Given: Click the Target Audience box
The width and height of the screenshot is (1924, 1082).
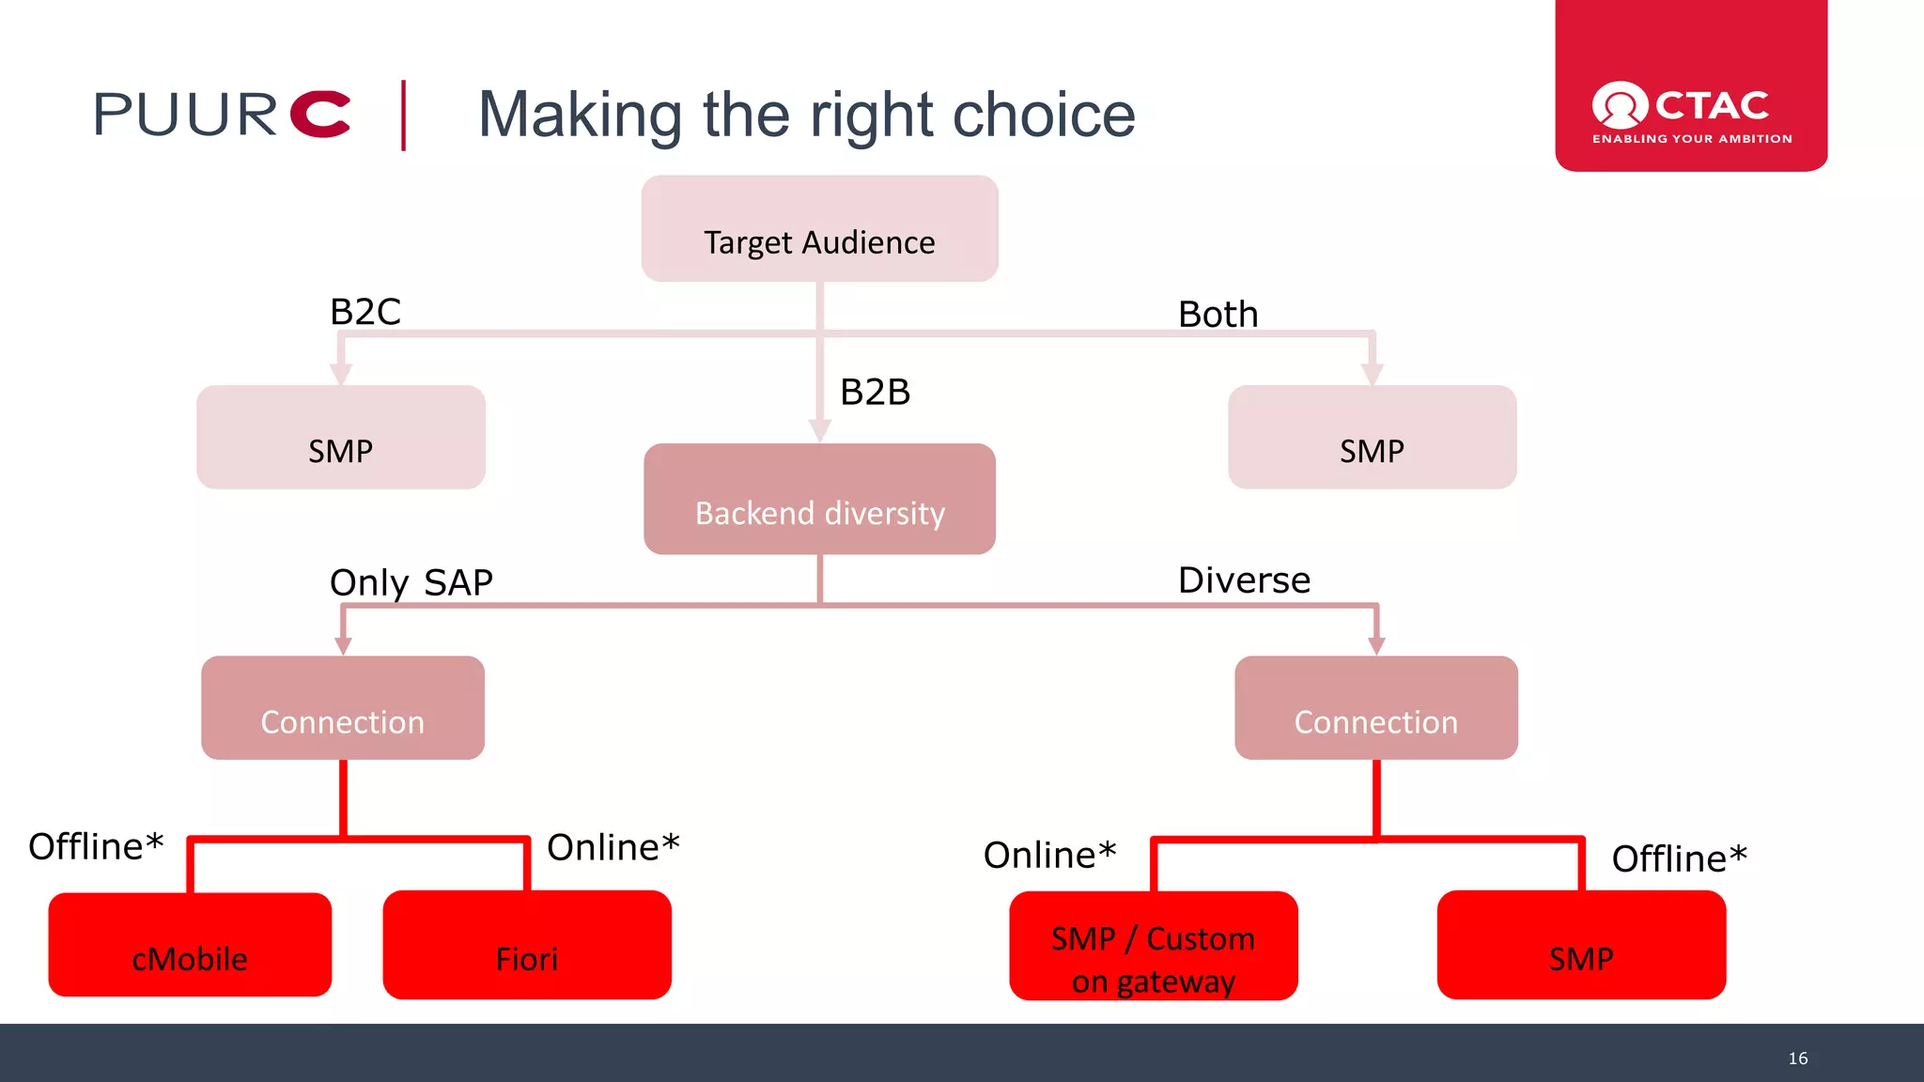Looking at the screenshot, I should tap(819, 229).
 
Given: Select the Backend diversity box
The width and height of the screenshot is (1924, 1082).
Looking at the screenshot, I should tap(819, 499).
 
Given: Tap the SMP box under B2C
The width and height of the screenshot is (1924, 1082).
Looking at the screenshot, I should tap(341, 438).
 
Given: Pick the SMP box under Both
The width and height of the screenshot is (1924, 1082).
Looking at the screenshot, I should tap(1372, 438).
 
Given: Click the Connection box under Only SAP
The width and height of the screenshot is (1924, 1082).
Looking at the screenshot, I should tap(343, 708).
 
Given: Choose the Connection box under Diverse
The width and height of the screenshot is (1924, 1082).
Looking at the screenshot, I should tap(1375, 708).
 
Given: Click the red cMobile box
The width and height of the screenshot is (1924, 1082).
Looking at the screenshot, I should tap(190, 945).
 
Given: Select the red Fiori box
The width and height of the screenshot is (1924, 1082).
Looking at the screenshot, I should tap(527, 945).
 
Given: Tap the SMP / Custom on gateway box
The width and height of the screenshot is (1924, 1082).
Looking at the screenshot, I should tap(1154, 947).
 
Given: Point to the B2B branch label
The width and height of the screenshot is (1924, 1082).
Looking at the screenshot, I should tap(875, 393).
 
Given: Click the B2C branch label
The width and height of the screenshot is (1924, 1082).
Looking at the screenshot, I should tap(365, 312).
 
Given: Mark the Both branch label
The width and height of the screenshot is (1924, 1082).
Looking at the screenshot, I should tap(1218, 315).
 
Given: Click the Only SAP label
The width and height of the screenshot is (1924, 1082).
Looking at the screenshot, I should tap(411, 583).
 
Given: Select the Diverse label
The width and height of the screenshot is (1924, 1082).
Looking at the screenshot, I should tap(1244, 580).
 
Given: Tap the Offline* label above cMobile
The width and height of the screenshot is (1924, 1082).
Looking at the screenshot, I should tap(96, 847).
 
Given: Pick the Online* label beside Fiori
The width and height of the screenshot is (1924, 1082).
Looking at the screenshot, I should tap(613, 848).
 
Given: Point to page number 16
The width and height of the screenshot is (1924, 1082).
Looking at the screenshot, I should tap(1797, 1059).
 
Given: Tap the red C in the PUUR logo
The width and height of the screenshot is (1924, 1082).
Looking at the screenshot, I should tap(320, 115).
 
